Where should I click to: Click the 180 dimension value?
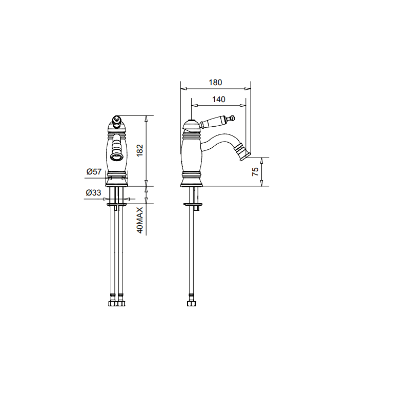(215, 82)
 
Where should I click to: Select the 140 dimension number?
(218, 100)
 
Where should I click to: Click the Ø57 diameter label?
(94, 171)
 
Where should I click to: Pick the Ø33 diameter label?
(93, 193)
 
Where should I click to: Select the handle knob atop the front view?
(117, 122)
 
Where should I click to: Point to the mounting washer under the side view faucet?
(193, 205)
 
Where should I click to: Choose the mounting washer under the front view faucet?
(117, 205)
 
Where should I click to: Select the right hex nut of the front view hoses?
(121, 303)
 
